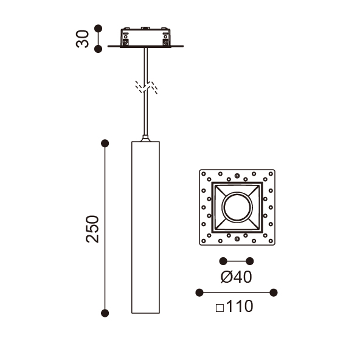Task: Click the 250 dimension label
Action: tap(92, 229)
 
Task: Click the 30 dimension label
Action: tap(82, 39)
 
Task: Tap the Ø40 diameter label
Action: tap(236, 277)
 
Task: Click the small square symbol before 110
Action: tap(220, 308)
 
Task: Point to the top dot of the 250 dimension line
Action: tap(105, 144)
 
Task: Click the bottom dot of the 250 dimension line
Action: tap(105, 313)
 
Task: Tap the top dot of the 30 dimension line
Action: tap(99, 29)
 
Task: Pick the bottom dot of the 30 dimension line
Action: tap(99, 49)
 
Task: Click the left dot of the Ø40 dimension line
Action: tap(223, 261)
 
